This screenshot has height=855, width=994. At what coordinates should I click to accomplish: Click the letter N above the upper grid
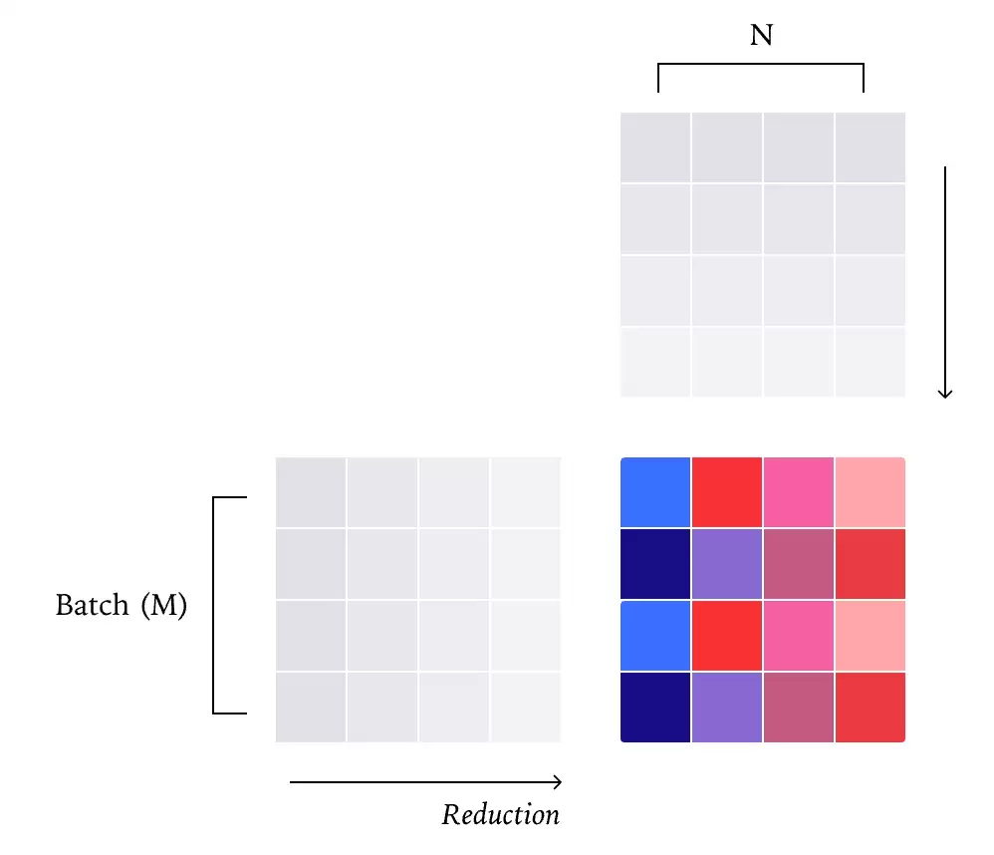point(761,37)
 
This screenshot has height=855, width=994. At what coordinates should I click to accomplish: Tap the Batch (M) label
point(122,605)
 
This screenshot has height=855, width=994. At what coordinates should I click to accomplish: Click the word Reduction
point(501,815)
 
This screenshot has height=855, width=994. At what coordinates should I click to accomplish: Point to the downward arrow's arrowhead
point(945,393)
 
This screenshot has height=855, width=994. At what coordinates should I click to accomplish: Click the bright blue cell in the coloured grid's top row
point(655,492)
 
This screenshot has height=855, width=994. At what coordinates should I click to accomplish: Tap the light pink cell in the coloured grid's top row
point(870,492)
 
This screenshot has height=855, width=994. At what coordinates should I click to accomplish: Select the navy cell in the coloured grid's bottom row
point(655,708)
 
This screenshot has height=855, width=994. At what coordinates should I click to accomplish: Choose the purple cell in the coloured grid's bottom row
point(727,708)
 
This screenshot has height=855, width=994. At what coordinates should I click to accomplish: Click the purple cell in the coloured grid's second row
point(727,564)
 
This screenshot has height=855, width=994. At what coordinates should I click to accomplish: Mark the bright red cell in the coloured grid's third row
point(727,636)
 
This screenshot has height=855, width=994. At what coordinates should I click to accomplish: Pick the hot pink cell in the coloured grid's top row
point(799,492)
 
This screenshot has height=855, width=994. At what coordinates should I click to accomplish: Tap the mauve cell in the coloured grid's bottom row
point(799,708)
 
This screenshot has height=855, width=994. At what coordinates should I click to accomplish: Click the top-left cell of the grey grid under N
point(655,147)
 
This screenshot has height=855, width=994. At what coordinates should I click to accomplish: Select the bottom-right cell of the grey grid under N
point(870,363)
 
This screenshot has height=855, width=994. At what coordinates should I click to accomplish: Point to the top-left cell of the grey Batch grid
point(311,492)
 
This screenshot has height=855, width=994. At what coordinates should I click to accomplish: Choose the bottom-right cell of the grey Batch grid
point(526,708)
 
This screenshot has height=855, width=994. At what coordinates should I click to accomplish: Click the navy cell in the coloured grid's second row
point(655,564)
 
